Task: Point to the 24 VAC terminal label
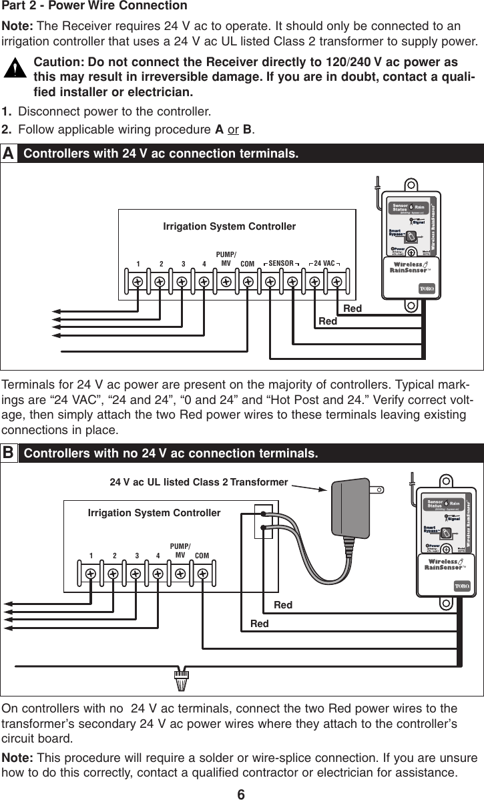325,264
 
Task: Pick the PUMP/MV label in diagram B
180,550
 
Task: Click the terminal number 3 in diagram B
136,555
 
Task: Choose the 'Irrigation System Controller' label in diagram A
229,227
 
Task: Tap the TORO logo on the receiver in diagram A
427,288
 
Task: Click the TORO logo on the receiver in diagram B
463,585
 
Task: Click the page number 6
242,793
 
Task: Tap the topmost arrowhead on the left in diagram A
57,312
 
